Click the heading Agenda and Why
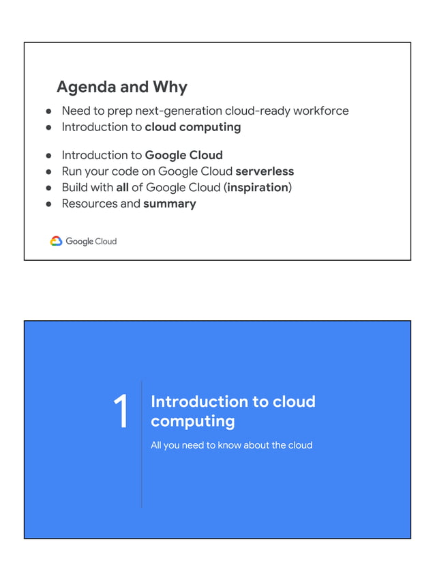click(x=121, y=87)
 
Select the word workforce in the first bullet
click(x=322, y=111)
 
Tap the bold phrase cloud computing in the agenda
click(x=193, y=127)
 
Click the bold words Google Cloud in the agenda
click(x=183, y=155)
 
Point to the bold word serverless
click(x=265, y=171)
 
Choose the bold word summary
click(x=170, y=203)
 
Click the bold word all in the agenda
click(x=123, y=187)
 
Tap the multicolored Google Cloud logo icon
click(x=56, y=241)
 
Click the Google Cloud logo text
click(x=91, y=241)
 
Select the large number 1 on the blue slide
click(x=121, y=412)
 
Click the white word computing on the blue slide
click(x=193, y=421)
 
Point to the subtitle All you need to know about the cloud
click(x=231, y=445)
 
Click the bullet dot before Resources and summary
click(x=49, y=203)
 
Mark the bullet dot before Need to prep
click(x=49, y=111)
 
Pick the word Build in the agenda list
click(x=74, y=187)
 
